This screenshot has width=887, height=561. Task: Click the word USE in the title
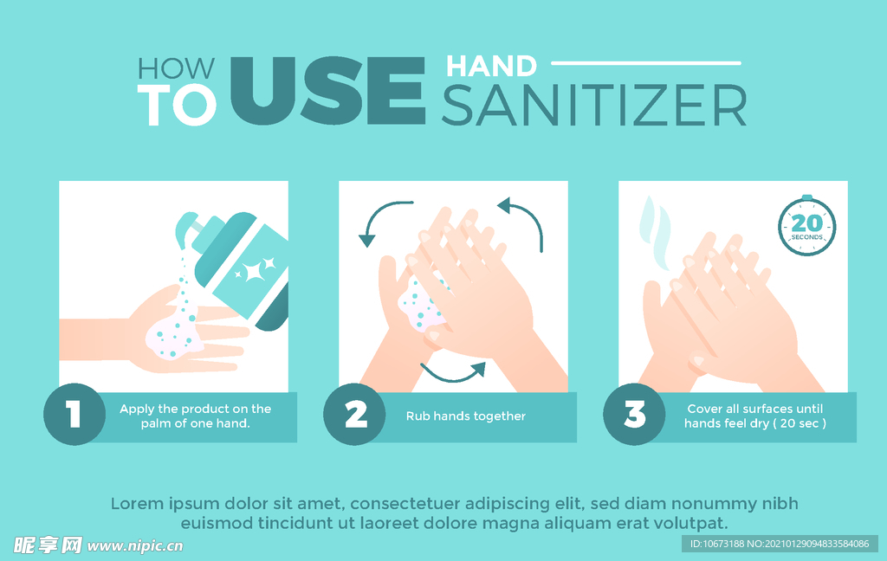point(328,91)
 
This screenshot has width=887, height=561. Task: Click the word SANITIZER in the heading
point(594,106)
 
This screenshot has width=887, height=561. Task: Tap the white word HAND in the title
point(491,66)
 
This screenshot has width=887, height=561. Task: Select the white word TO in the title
point(177,105)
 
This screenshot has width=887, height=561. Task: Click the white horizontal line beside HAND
point(646,63)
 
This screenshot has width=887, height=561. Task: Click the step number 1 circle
point(74,414)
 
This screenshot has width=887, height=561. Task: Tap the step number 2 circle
point(354,414)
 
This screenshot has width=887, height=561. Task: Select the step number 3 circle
point(634,414)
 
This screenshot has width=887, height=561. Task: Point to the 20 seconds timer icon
point(806,226)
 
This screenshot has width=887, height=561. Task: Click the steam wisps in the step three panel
point(655,233)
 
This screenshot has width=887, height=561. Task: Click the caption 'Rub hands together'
point(465,416)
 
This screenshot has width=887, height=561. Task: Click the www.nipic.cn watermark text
point(135,546)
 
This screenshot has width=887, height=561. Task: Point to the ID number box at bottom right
point(780,544)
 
